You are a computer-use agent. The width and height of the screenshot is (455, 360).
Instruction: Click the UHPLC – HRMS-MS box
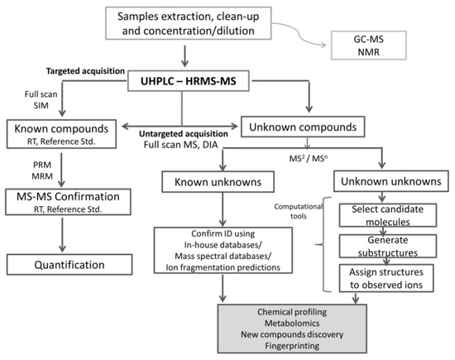pos(189,81)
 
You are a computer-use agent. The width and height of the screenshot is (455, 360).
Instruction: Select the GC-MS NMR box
pos(368,46)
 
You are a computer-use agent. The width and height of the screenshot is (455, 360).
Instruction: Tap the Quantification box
pos(69,265)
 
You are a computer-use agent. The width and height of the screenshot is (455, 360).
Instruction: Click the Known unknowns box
pos(218,182)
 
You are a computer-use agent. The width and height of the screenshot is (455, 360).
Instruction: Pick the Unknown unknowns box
pos(390,181)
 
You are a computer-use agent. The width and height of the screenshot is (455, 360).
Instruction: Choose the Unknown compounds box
pos(303,127)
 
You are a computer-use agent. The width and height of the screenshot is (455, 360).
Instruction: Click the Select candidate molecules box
pos(388,215)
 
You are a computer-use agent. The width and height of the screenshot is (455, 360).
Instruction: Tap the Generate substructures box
pos(388,246)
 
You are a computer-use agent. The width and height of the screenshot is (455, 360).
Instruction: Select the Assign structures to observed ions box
pos(386,278)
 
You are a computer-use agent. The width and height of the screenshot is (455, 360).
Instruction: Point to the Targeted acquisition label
pos(85,71)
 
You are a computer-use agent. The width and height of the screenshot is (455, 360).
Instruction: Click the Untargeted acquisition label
pos(184,134)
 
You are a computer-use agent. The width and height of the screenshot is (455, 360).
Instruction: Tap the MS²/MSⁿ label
pos(309,159)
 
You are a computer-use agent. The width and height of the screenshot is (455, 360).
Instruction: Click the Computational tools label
pos(299,211)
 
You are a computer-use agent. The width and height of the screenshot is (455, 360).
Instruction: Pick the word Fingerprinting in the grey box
pos(292,346)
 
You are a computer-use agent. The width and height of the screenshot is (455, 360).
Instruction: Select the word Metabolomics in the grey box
pos(292,323)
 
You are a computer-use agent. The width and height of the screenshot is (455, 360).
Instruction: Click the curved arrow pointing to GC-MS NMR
pos(299,34)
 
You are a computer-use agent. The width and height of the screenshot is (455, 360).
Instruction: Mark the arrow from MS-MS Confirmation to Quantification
pos(62,235)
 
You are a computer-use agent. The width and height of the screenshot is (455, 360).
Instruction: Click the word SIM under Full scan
pos(41,105)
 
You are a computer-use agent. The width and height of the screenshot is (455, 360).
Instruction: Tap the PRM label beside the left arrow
pos(42,165)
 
